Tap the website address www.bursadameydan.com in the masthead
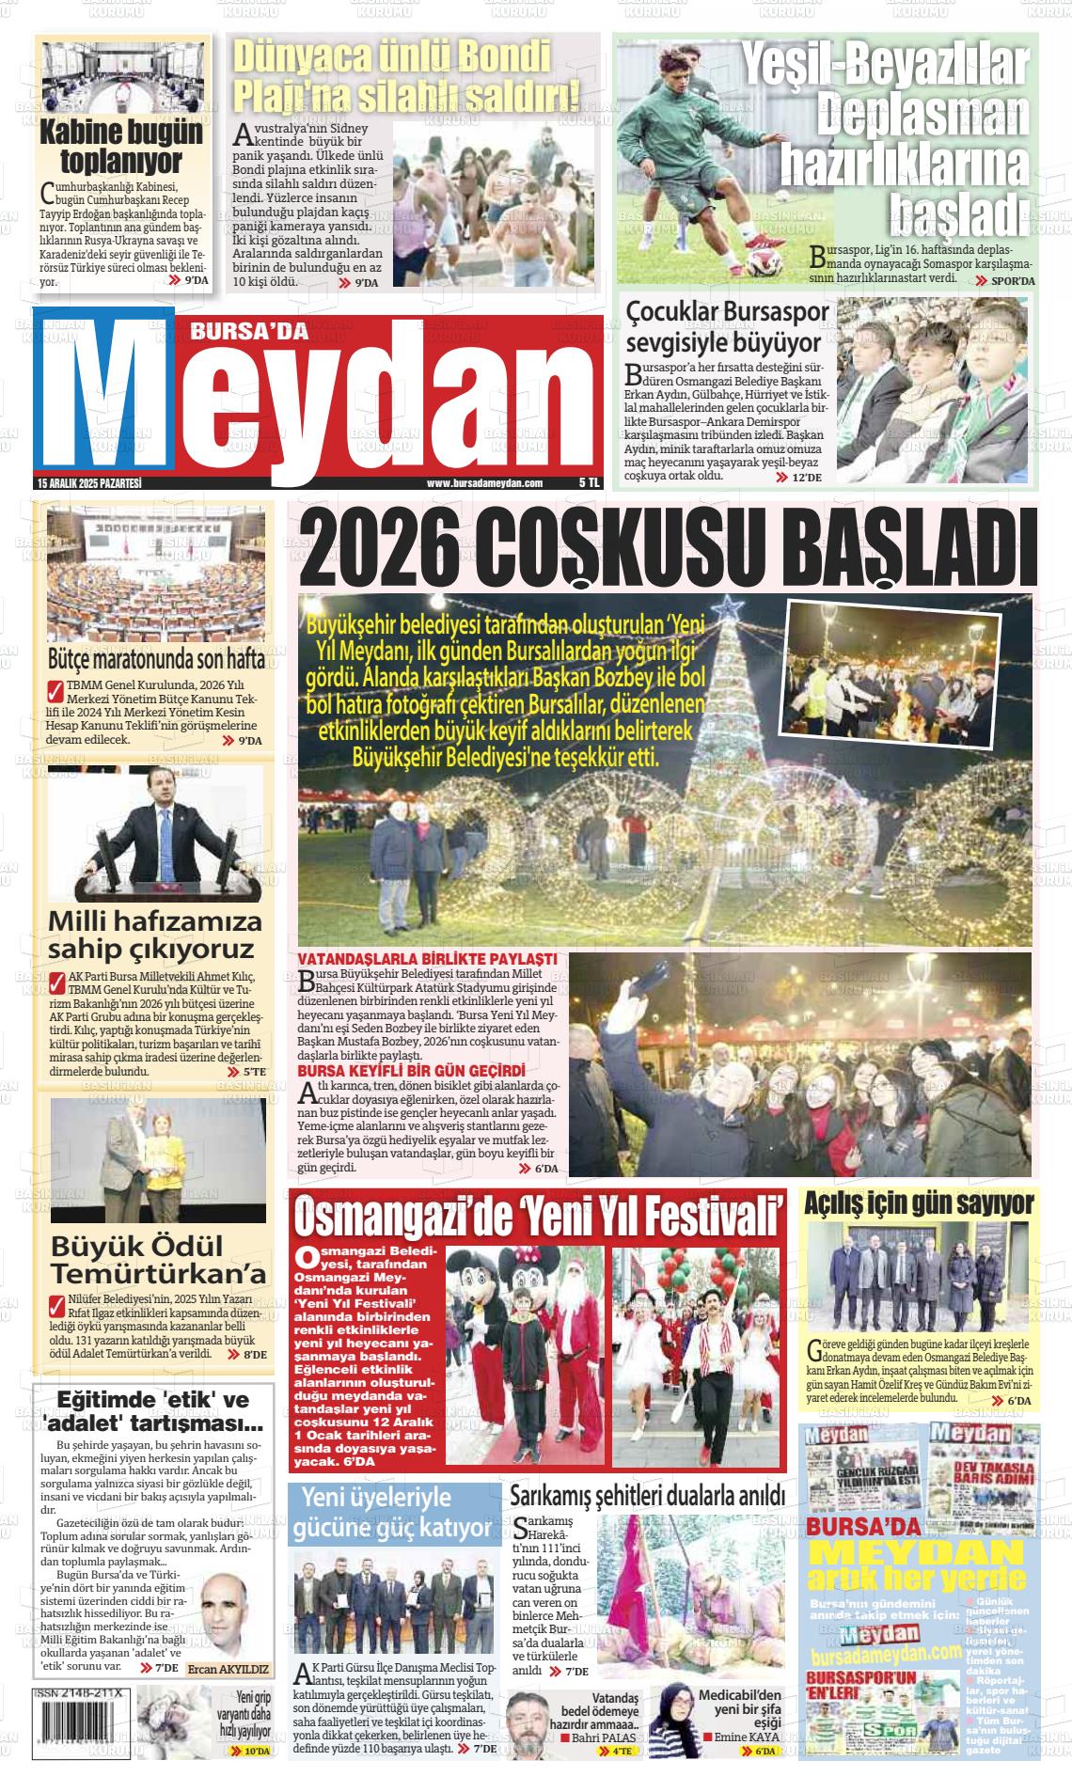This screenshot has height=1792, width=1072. pos(484,483)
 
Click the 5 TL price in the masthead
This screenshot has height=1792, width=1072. pos(589,483)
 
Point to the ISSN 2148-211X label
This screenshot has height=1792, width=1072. pos(82,1690)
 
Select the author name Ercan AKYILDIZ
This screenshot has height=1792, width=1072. pos(228,1670)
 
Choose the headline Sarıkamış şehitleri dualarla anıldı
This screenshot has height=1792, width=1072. pos(647,1496)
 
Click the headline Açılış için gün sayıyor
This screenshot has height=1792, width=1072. pos(919,1203)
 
